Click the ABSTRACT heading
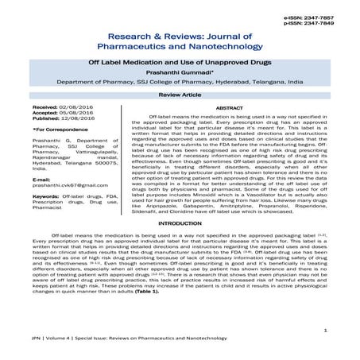229,106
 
